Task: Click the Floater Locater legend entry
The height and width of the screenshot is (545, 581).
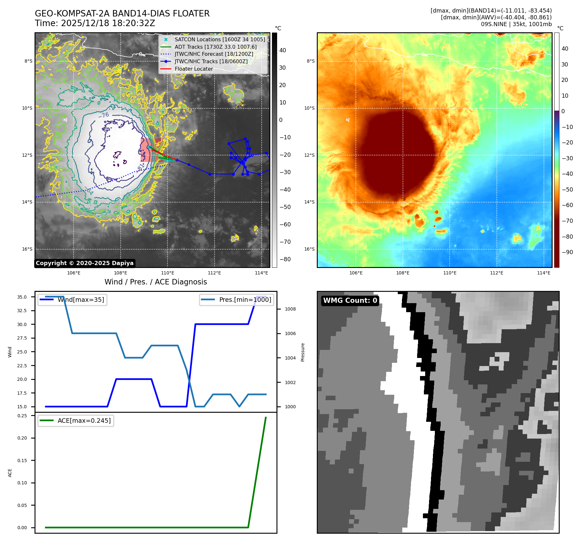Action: click(x=194, y=69)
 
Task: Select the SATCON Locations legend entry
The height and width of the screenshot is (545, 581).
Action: click(x=219, y=40)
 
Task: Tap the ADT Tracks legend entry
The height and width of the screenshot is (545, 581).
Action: click(x=215, y=47)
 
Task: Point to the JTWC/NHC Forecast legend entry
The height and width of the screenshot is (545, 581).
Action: click(x=214, y=54)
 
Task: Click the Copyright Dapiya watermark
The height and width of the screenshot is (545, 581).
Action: click(x=85, y=263)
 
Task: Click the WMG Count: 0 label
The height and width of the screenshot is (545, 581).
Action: click(x=350, y=301)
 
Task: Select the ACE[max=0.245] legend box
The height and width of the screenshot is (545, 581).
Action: click(x=76, y=421)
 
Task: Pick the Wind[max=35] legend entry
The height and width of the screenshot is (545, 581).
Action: click(x=73, y=300)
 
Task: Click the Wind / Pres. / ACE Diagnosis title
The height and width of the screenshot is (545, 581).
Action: click(x=155, y=282)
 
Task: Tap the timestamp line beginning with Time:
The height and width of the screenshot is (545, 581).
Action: click(x=95, y=24)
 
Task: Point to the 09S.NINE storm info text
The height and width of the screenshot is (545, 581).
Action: click(x=516, y=24)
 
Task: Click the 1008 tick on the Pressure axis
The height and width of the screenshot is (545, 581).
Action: click(x=290, y=309)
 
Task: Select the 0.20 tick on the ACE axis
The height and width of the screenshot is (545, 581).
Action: click(x=22, y=438)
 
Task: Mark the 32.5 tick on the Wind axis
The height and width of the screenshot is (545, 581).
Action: click(x=22, y=311)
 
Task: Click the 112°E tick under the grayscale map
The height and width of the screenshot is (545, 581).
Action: click(x=215, y=273)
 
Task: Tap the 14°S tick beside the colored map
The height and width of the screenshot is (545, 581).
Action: click(x=309, y=202)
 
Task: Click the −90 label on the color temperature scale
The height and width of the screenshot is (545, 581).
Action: click(x=567, y=252)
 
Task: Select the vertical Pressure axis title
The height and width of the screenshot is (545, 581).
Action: click(x=303, y=352)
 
